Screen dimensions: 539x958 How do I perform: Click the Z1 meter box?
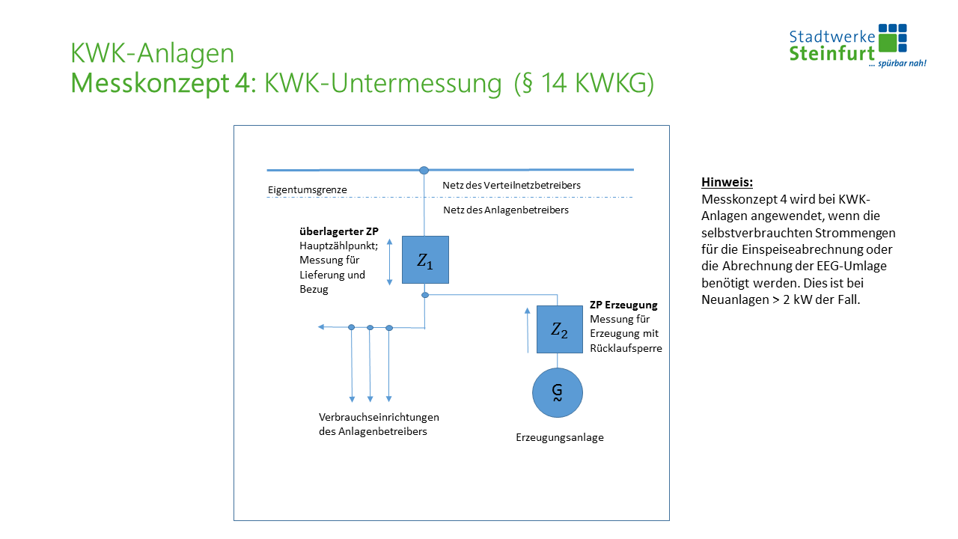[425, 260]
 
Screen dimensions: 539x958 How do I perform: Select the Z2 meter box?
[559, 329]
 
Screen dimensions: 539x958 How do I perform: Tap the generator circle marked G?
[557, 392]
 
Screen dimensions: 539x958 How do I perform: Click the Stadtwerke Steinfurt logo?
[858, 46]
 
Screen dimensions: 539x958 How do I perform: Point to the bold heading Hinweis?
[727, 182]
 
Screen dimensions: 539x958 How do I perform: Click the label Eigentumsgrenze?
[307, 190]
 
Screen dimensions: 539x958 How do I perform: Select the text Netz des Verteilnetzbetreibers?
[511, 185]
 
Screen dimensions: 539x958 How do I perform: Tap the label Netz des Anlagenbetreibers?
[506, 210]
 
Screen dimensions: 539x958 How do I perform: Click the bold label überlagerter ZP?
[334, 231]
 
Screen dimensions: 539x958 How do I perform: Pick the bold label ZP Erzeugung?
[623, 305]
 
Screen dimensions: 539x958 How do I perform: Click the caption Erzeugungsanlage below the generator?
[560, 438]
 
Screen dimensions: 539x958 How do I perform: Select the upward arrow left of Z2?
[528, 329]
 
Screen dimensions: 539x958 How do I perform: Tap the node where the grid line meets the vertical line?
[424, 171]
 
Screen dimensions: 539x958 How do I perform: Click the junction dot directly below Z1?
[425, 295]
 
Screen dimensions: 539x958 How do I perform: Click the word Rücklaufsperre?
[626, 348]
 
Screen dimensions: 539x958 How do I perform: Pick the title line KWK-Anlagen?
[152, 54]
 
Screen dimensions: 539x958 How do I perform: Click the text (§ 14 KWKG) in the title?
[584, 84]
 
